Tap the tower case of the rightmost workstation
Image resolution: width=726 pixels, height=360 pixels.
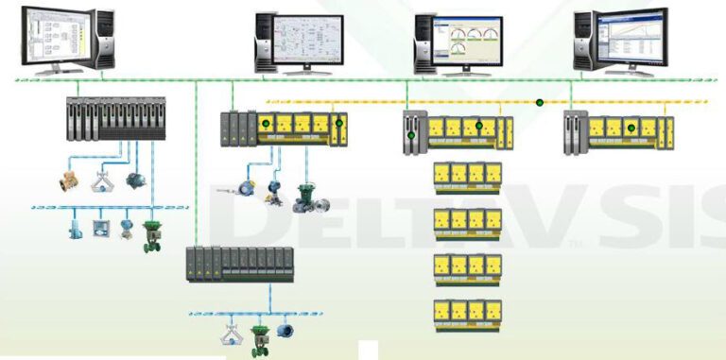(582, 40)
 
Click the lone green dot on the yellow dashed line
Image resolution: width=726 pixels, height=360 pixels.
(540, 102)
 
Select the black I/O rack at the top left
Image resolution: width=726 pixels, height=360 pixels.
(115, 119)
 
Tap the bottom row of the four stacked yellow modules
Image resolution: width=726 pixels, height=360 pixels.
(466, 313)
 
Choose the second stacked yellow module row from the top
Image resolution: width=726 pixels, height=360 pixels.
(466, 221)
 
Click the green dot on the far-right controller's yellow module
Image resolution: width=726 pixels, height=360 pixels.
(630, 127)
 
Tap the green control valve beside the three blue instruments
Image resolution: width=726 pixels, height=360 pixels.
(150, 234)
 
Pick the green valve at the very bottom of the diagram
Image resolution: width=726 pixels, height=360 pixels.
(258, 340)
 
